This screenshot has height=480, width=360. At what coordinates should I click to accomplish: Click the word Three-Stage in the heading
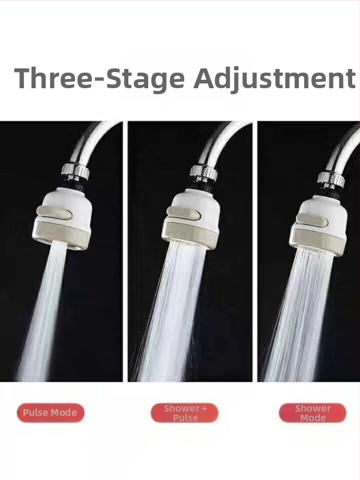coord(100,79)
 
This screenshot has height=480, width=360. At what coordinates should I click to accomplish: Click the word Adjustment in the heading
coord(274,79)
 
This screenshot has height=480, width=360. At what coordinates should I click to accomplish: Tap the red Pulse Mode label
coord(50,413)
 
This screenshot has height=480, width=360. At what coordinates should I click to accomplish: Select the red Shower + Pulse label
coord(185,413)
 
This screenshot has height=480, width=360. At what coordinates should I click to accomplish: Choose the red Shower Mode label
coord(313,413)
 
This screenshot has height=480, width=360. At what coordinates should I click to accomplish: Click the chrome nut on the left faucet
coord(76,172)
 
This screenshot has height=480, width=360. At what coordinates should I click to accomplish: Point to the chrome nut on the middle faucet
coord(203,173)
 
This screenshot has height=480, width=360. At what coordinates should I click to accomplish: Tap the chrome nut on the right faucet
coord(331,179)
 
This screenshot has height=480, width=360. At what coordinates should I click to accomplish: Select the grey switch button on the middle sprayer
coord(184,214)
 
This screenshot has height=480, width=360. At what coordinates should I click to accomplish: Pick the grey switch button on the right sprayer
coord(312,220)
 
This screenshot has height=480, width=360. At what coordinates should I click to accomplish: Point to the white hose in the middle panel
coord(221,140)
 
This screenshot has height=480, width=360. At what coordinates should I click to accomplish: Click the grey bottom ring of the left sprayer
coord(61,236)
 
